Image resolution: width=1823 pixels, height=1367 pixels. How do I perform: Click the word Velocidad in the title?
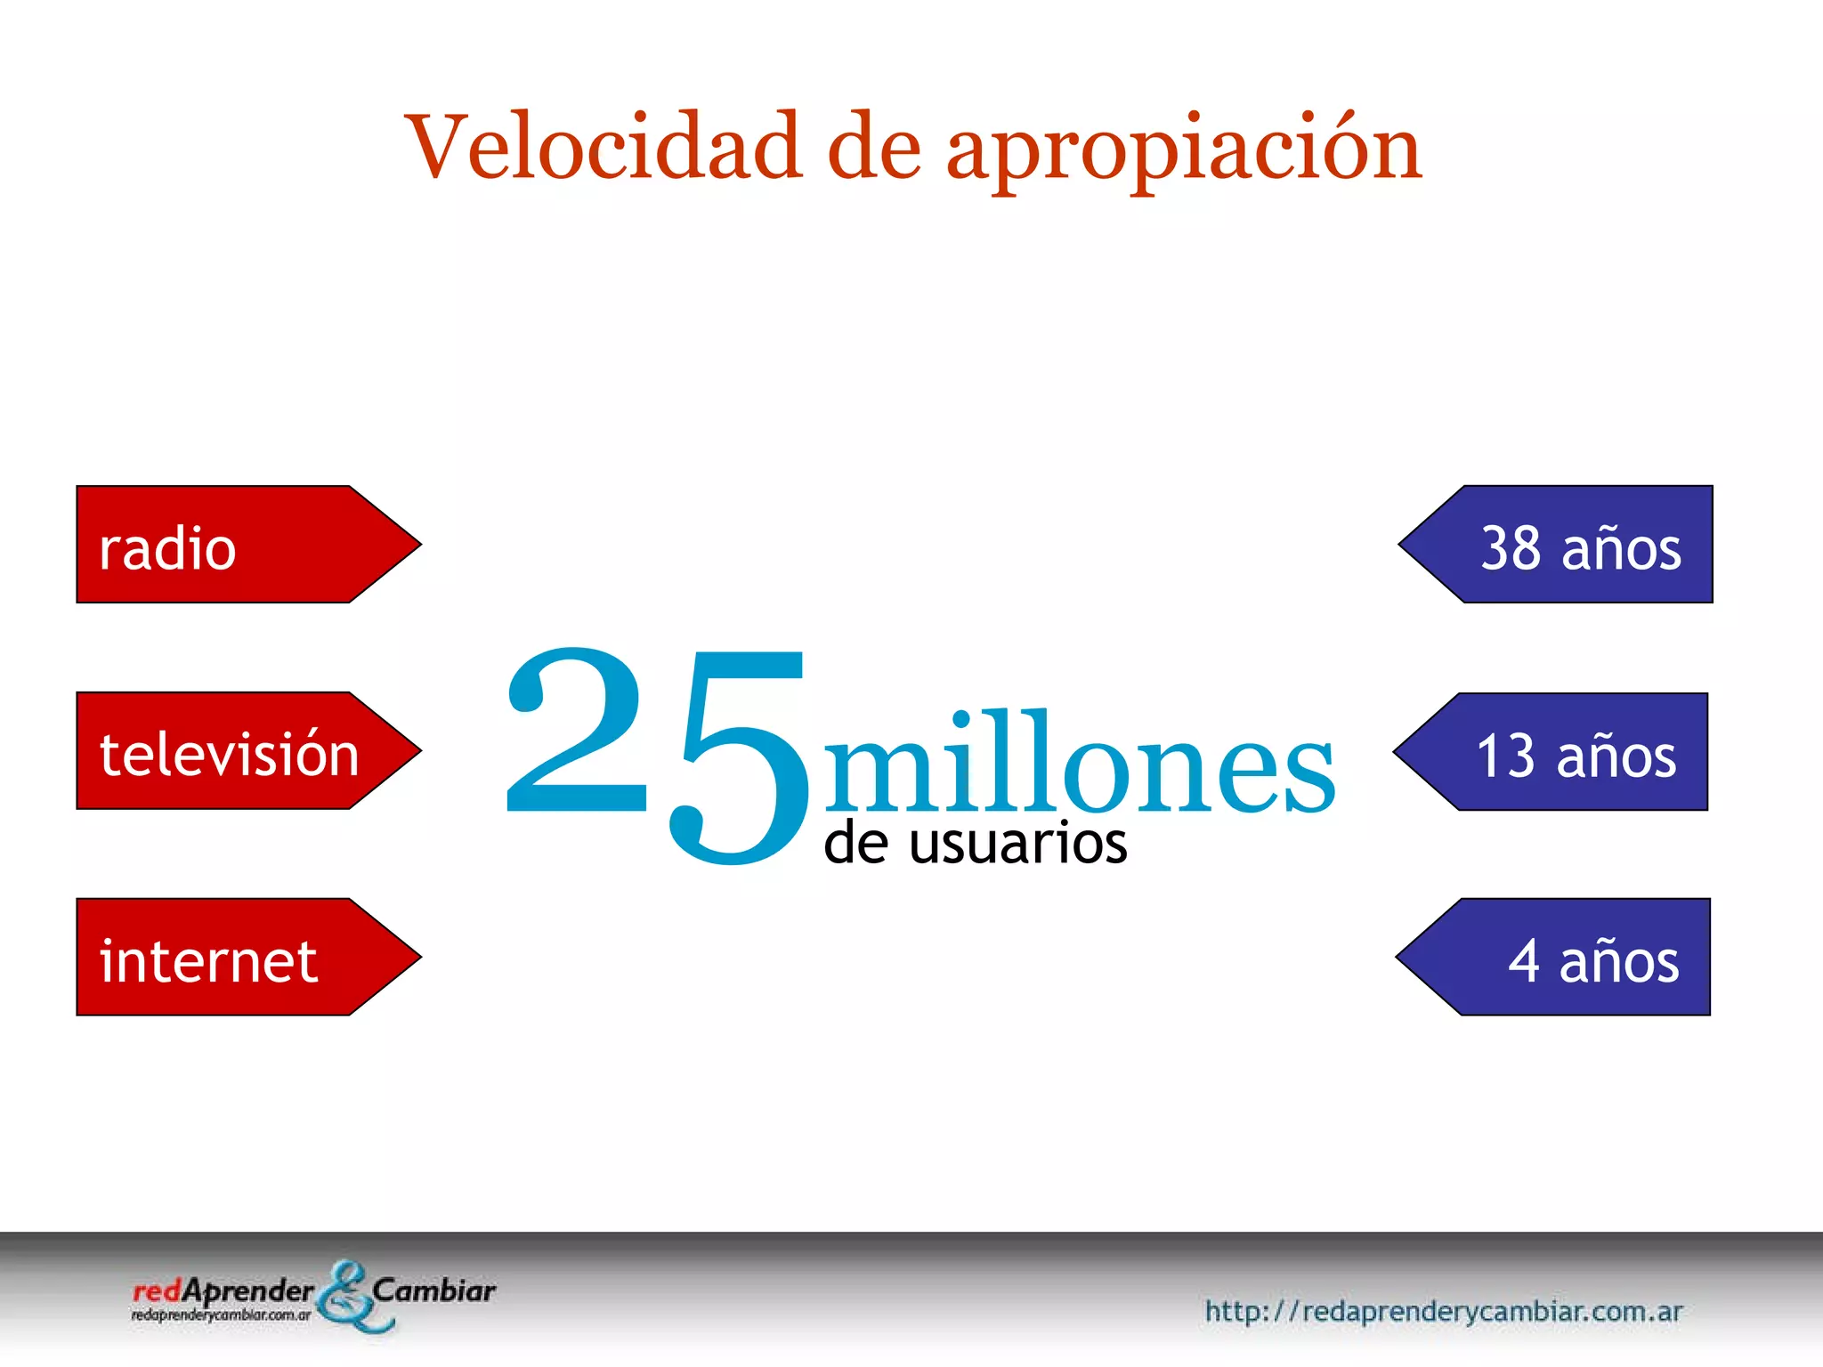point(604,147)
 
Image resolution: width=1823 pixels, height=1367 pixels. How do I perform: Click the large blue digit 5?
point(739,756)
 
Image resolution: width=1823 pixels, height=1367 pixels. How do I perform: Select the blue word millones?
point(1079,764)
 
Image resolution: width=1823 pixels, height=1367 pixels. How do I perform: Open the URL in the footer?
point(1443,1311)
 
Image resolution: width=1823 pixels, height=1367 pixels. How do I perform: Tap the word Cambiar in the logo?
point(433,1290)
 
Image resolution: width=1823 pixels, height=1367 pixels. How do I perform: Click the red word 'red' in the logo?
point(157,1291)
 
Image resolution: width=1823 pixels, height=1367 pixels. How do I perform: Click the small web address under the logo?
point(221,1315)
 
